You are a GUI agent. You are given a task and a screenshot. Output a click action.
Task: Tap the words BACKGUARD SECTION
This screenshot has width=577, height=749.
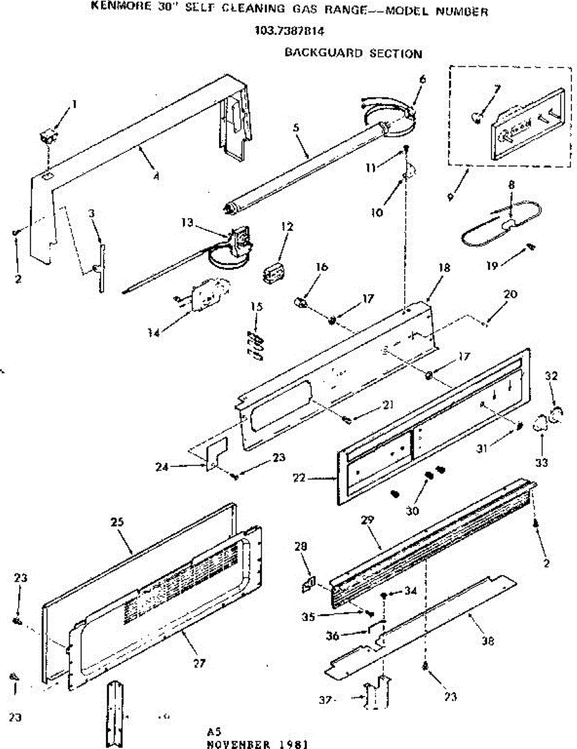353,53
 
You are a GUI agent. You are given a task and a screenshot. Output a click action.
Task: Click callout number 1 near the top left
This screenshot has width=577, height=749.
74,105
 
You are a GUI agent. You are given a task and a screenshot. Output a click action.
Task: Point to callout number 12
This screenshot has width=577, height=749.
286,227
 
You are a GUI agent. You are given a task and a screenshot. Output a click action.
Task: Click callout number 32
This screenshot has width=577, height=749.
551,376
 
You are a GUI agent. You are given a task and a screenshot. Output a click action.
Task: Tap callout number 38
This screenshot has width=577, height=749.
488,640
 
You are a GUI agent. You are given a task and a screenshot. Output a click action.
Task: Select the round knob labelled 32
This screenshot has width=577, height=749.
556,414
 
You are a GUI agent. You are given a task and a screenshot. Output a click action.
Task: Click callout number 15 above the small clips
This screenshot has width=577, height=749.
256,306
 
